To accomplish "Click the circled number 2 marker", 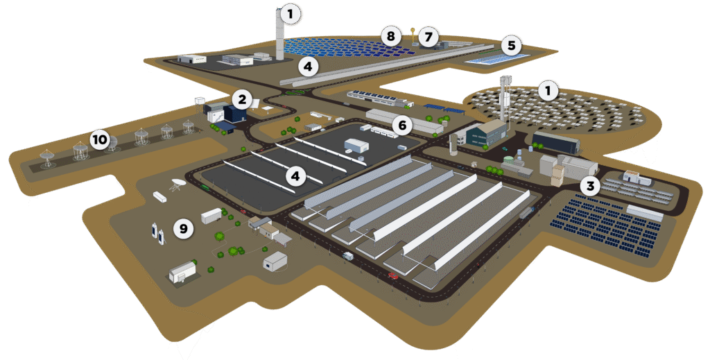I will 241,99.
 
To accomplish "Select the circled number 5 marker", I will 511,46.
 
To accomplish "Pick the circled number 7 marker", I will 428,35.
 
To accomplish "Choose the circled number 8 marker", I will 391,35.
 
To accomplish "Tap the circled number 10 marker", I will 100,141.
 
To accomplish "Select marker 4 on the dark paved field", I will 296,176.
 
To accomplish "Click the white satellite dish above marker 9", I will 177,185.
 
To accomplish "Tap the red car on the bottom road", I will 393,275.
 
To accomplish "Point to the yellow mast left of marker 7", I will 413,34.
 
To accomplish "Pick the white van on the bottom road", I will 347,256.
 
